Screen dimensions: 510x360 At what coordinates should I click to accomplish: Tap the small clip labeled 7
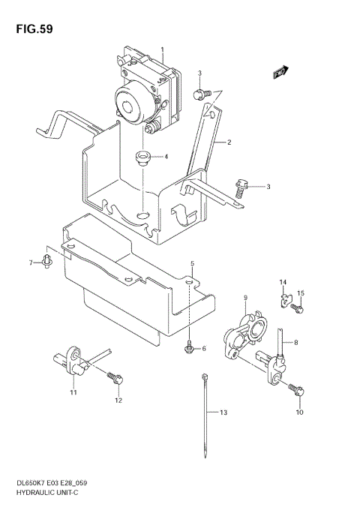[46, 262]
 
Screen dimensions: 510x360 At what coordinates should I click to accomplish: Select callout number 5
[192, 264]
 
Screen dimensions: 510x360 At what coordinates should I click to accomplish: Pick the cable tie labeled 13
[205, 416]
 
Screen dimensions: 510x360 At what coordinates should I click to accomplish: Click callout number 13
[222, 412]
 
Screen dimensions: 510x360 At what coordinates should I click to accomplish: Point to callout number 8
[295, 343]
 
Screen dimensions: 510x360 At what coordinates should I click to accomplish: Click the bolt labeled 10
[295, 389]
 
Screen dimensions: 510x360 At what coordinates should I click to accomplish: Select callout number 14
[283, 282]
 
